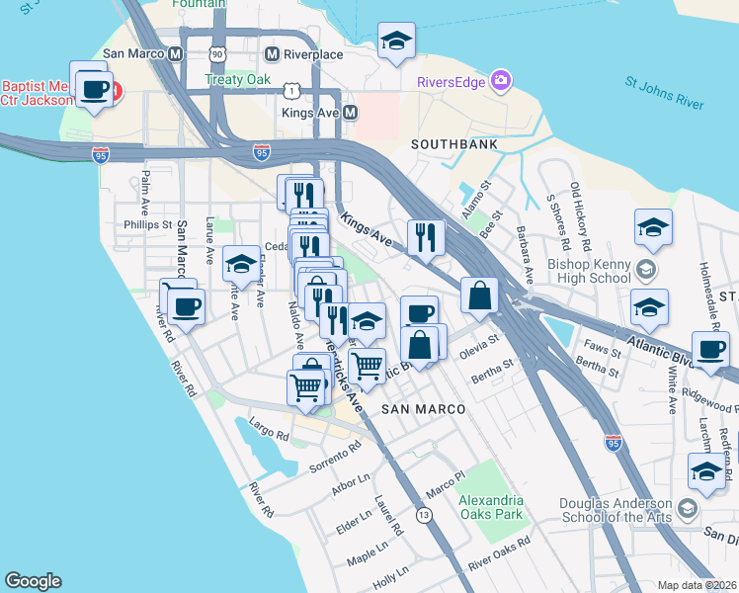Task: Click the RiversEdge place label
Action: [x=451, y=82]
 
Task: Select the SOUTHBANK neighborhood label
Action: [x=453, y=144]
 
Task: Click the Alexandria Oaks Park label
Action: [x=491, y=507]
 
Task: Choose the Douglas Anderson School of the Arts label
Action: [x=616, y=510]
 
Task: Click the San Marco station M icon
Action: [x=175, y=54]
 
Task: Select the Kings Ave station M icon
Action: [x=349, y=114]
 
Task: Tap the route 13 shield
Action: [x=425, y=515]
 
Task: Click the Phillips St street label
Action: [x=148, y=225]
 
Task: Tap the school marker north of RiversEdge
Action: [x=396, y=41]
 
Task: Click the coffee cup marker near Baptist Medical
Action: [x=94, y=90]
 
